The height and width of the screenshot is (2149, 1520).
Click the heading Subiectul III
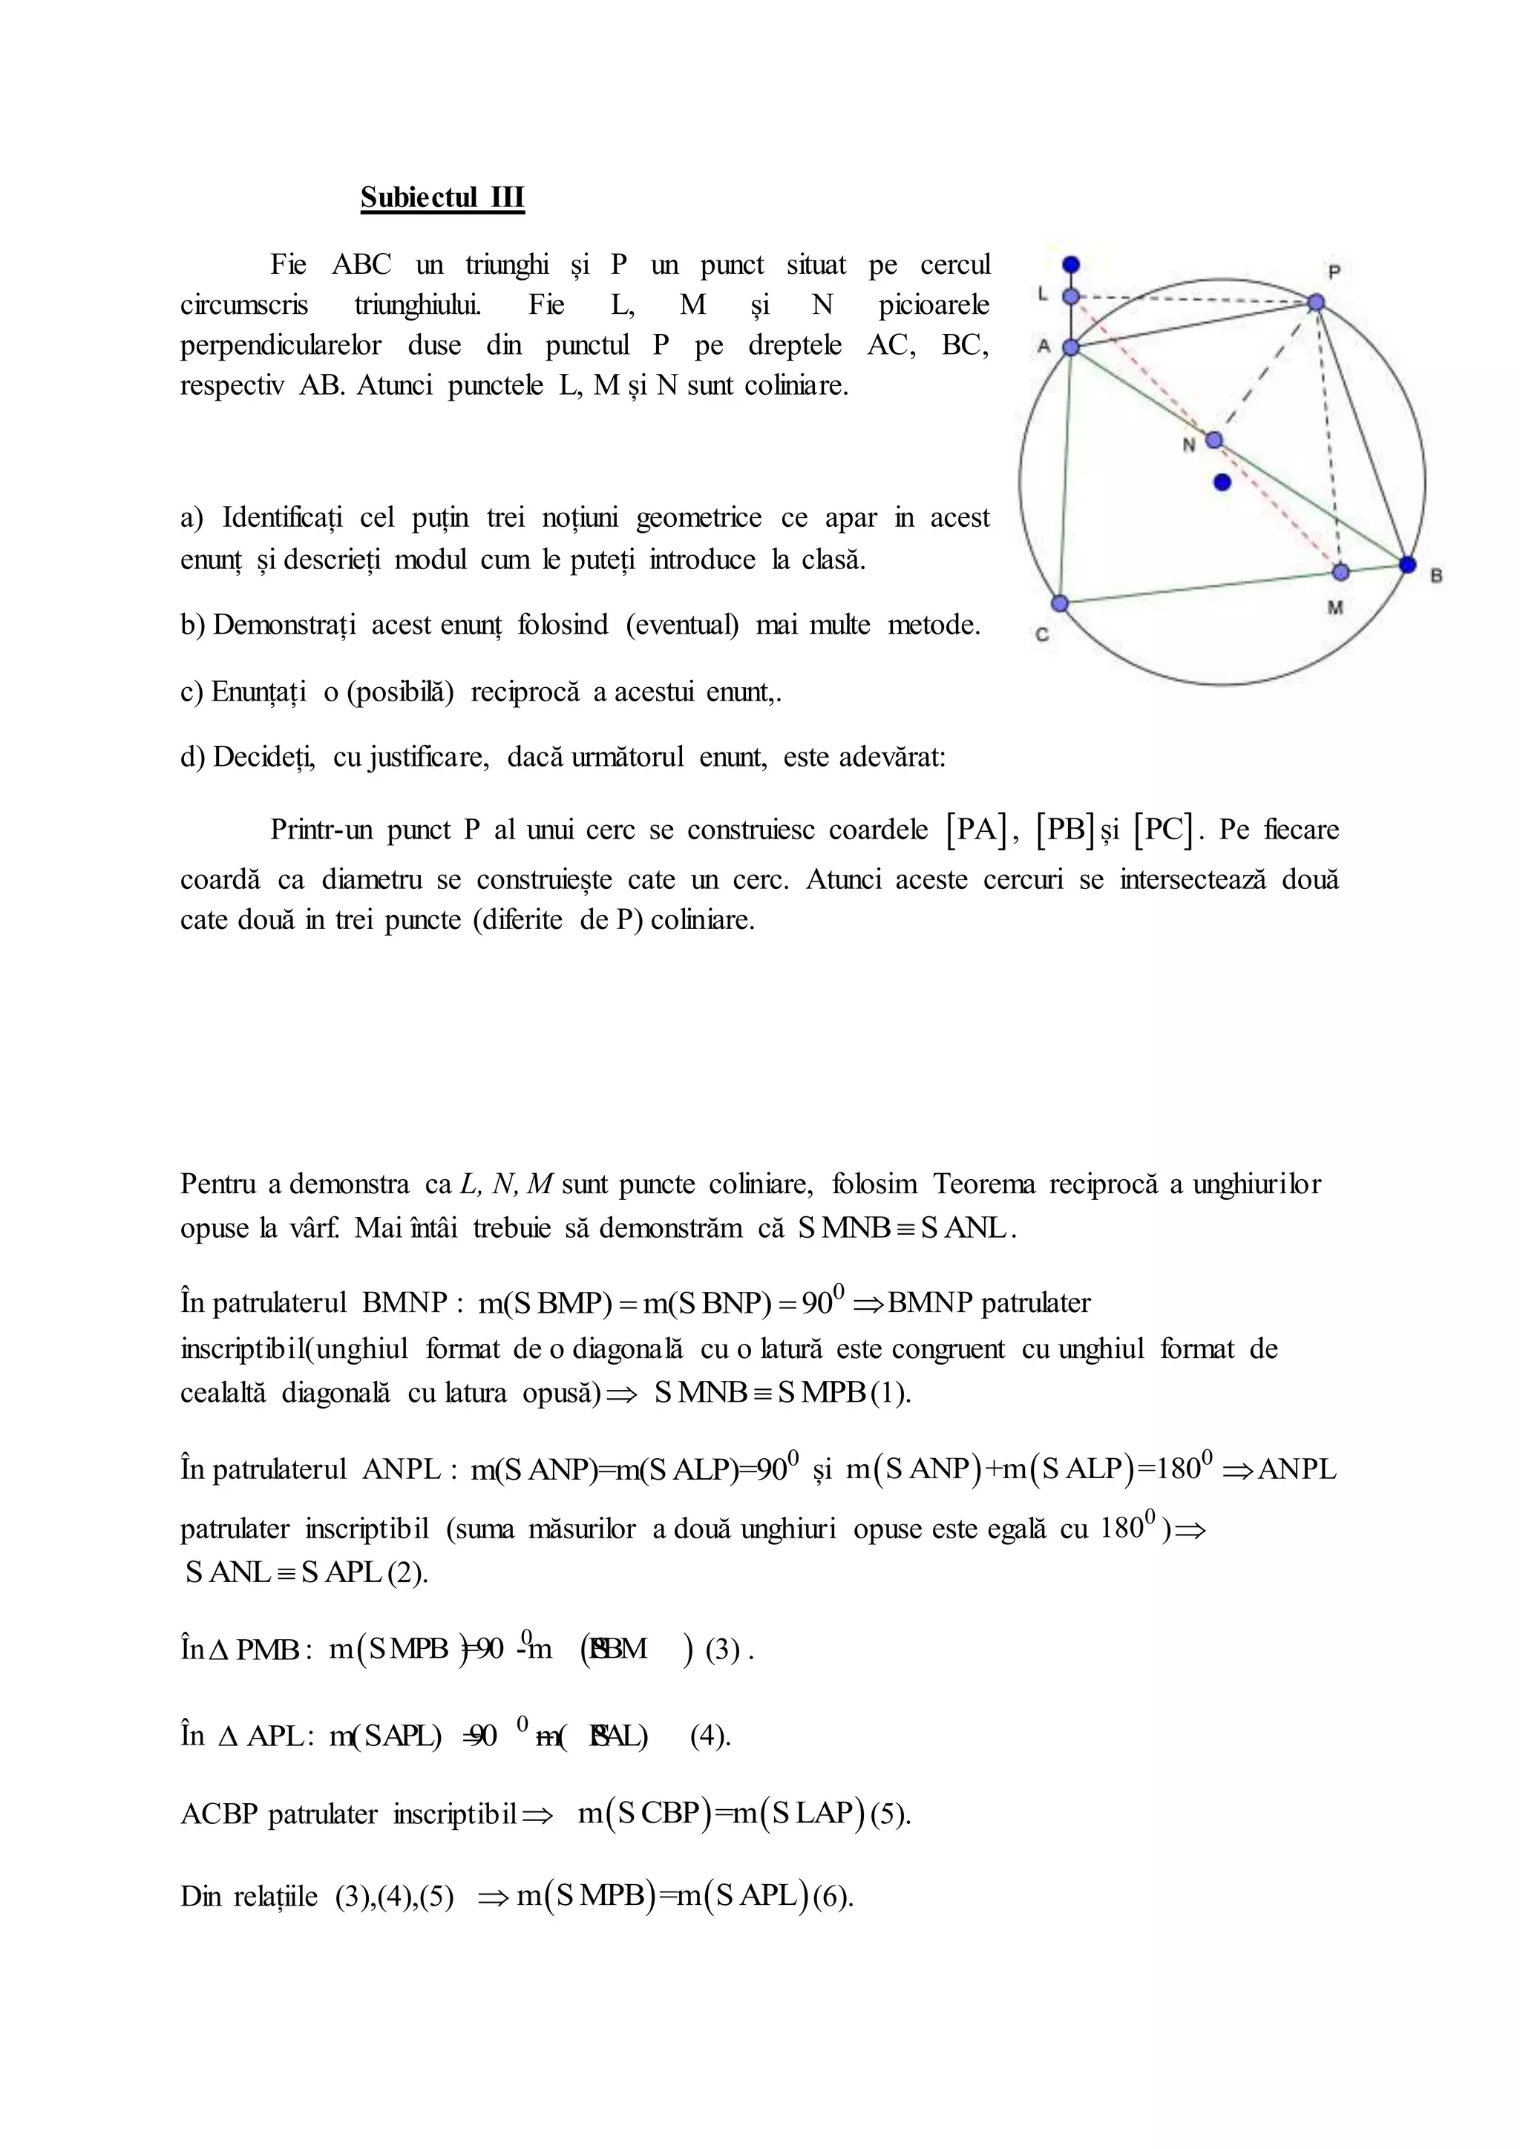[442, 197]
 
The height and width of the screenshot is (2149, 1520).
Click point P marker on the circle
[1316, 302]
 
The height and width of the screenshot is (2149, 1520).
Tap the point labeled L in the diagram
[1072, 297]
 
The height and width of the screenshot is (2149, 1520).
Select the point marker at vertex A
[1072, 347]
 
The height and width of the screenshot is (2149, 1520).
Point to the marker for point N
[1214, 440]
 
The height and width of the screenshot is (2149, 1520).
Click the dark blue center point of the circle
[1222, 482]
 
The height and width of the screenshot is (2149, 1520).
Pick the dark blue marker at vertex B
[1408, 563]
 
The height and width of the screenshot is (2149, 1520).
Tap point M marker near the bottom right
[1341, 571]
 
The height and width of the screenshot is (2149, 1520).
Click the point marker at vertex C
[1060, 603]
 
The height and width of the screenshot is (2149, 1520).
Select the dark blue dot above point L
[1072, 265]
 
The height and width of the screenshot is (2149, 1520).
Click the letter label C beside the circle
[1042, 634]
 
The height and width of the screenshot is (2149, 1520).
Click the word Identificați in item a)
[282, 518]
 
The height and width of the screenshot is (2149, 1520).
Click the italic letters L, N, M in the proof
[506, 1184]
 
